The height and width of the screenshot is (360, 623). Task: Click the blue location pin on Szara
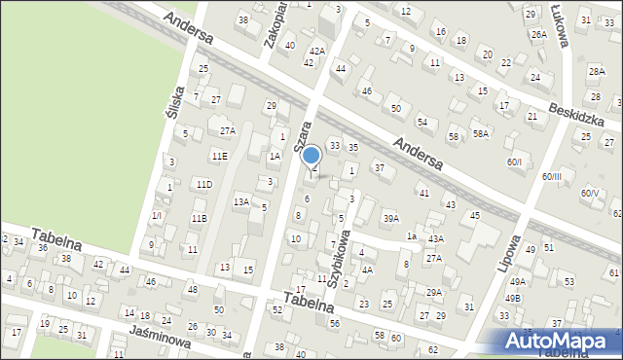(311, 156)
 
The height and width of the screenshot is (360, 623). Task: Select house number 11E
(219, 156)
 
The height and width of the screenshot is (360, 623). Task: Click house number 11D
(202, 184)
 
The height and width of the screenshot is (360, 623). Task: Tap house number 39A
(390, 218)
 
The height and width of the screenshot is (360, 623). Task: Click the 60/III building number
(552, 176)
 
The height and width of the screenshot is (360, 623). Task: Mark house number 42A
(316, 51)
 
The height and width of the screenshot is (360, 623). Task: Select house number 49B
(513, 298)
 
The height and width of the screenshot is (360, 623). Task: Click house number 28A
(597, 72)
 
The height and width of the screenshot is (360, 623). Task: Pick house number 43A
(435, 239)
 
